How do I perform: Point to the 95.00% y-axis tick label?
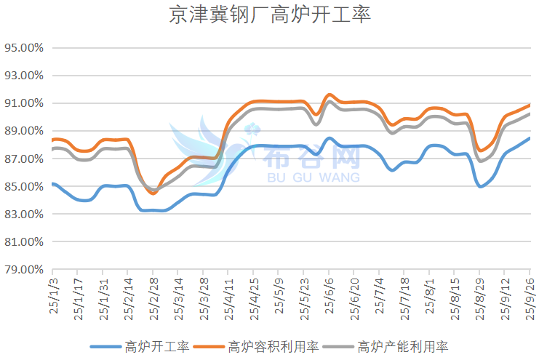(25, 48)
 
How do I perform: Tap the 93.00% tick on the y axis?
(25, 76)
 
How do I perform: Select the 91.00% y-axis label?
(25, 103)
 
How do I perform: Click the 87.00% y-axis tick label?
(25, 159)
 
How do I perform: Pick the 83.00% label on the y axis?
(25, 215)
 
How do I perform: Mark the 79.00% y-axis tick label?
(25, 270)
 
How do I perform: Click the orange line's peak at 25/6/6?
(330, 95)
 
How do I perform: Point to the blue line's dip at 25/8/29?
(481, 186)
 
